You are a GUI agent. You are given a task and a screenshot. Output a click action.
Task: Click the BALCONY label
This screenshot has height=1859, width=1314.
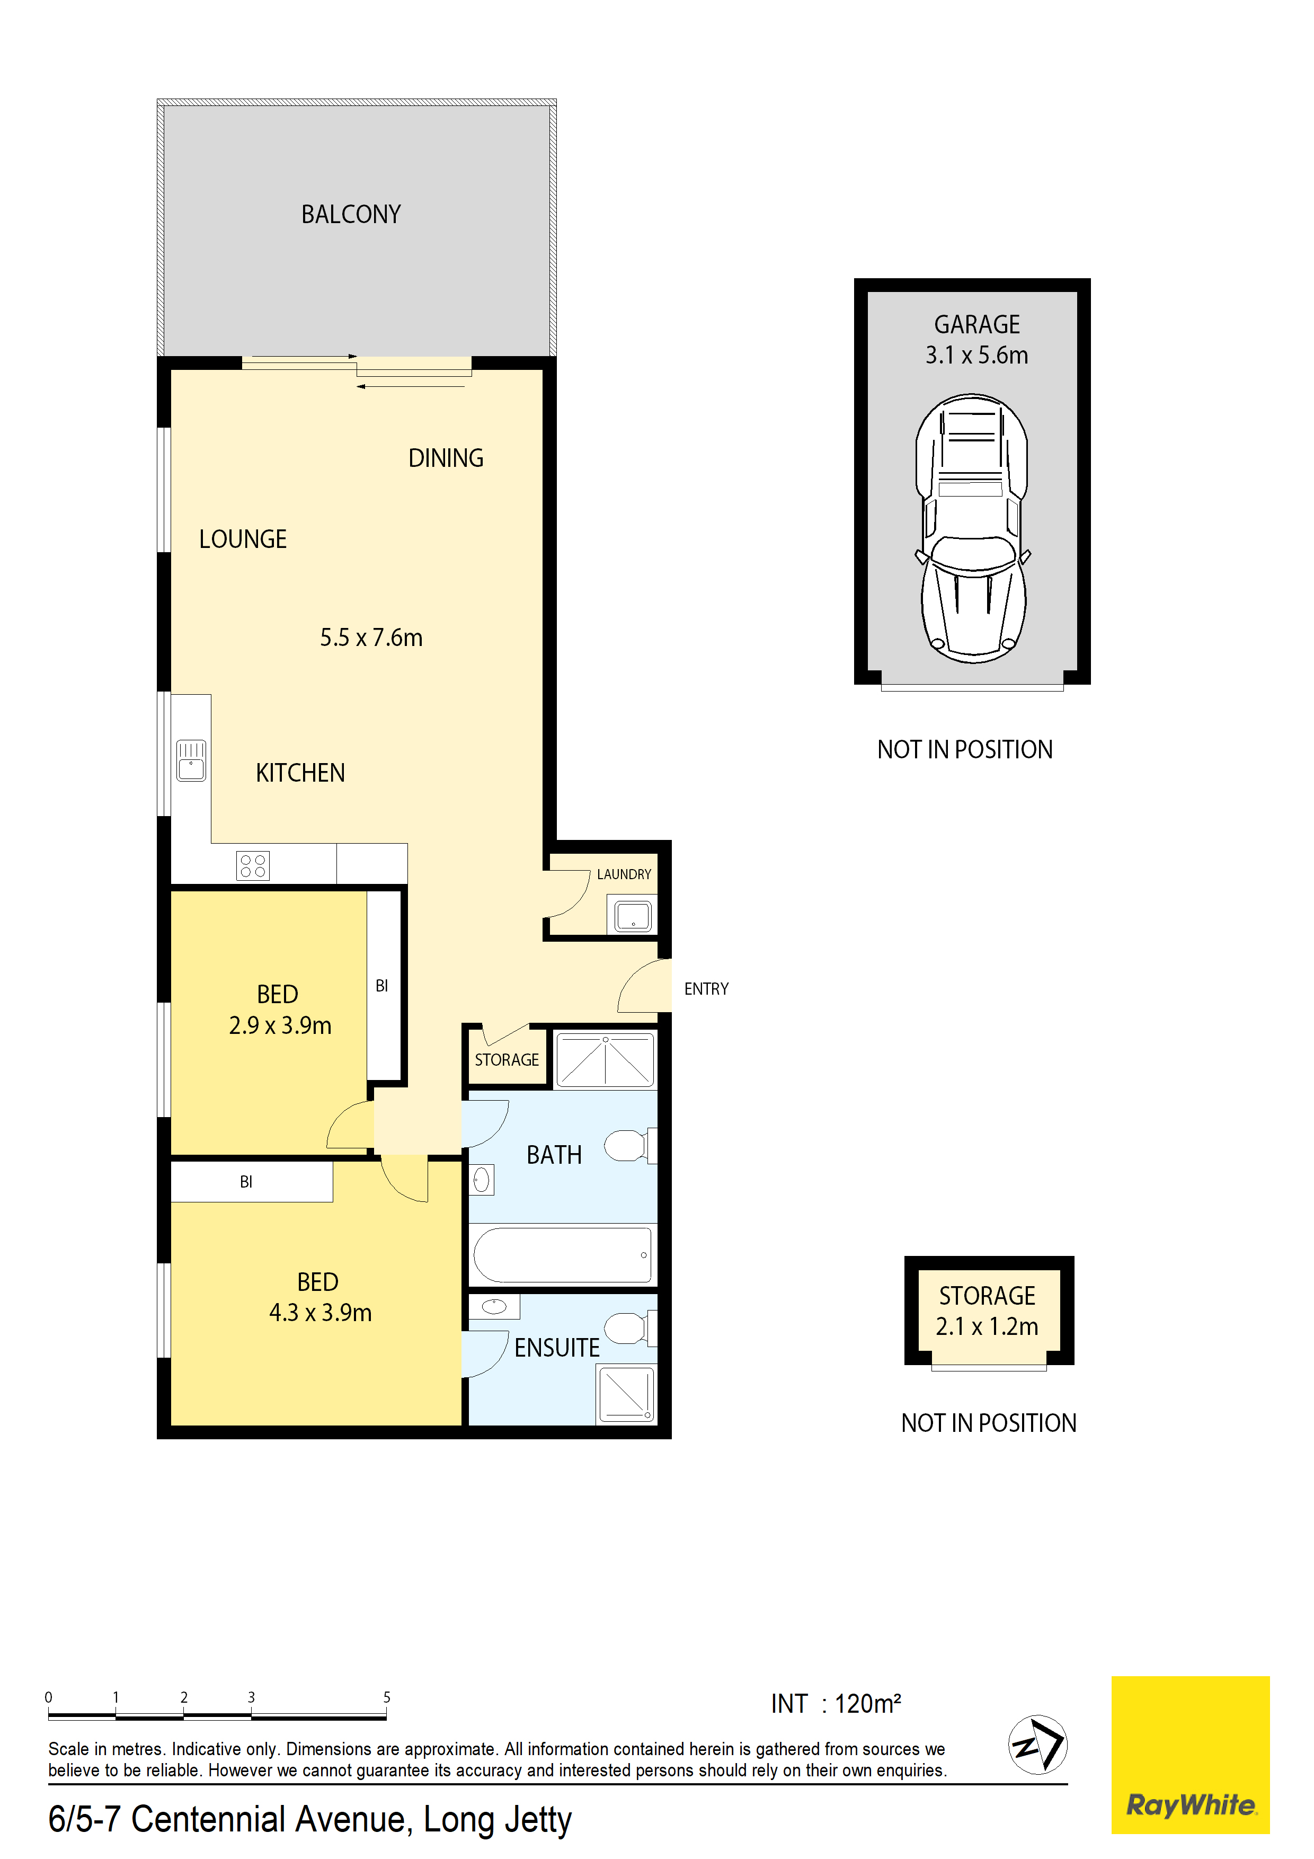(351, 215)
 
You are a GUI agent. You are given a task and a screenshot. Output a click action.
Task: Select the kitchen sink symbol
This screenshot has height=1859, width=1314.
(191, 760)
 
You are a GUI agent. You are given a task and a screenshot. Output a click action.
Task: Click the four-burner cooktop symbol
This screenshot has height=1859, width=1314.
(253, 865)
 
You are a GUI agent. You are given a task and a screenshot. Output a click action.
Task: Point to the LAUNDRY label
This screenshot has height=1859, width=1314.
(624, 874)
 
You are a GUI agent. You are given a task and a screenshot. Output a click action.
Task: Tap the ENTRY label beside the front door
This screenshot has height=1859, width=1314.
(706, 989)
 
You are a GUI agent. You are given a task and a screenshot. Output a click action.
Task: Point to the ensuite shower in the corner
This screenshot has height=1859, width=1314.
(626, 1393)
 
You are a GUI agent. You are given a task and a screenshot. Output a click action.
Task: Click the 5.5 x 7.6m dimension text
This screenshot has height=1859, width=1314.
(371, 638)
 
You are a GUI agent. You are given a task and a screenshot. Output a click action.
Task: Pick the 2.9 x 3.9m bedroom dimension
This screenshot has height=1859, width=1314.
(280, 1026)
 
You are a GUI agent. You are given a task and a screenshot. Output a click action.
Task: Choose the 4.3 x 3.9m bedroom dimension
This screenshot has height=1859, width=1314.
(321, 1313)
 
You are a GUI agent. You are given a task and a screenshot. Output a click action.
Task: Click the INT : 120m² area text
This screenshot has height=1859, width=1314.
(836, 1704)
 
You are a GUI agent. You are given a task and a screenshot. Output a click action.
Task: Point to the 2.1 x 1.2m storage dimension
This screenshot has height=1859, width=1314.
(987, 1326)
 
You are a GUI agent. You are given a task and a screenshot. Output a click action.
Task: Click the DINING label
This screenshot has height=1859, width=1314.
(446, 458)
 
